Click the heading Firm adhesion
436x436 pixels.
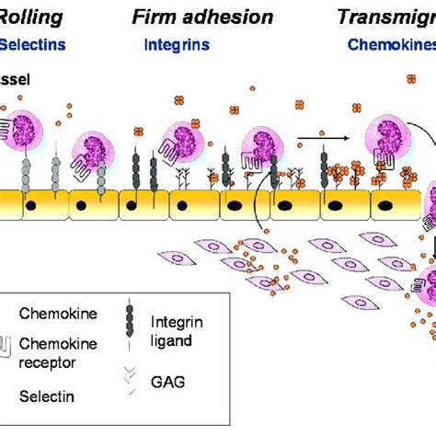click(x=202, y=17)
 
